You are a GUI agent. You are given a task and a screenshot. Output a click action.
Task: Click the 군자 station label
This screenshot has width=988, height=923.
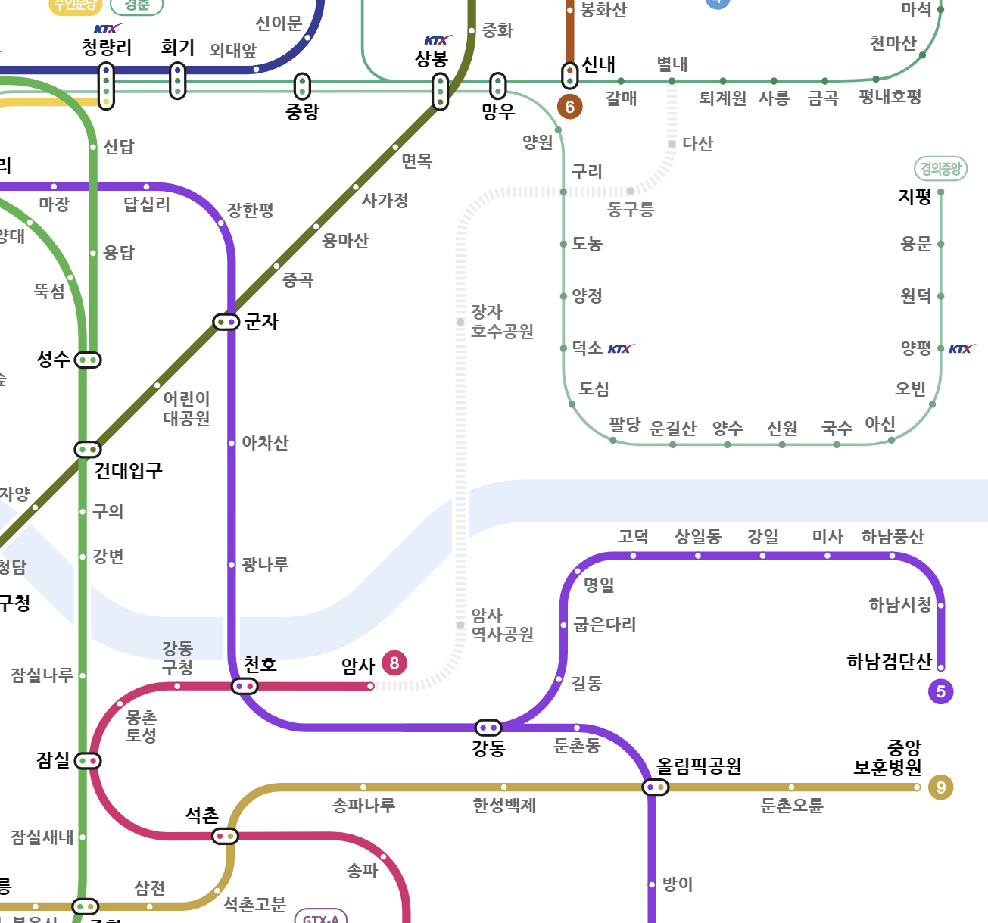coord(261,322)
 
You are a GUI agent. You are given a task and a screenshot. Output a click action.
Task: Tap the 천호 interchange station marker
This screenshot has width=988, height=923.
coord(245,686)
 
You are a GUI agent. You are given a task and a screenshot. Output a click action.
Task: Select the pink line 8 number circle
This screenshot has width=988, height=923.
coord(394,663)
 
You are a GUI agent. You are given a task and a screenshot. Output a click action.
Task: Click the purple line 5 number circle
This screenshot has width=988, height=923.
coord(940,691)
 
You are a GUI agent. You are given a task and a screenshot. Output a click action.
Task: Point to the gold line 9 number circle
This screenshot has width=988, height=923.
coord(940,787)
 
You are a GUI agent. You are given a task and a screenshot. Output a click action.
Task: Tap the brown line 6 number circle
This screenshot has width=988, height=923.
coord(569,107)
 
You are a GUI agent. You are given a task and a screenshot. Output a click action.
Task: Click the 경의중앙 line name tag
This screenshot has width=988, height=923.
coord(940,168)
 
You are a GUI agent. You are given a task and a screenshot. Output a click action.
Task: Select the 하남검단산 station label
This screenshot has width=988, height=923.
coord(889,662)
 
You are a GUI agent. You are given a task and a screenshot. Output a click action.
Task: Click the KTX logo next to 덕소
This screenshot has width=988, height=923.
coord(621,349)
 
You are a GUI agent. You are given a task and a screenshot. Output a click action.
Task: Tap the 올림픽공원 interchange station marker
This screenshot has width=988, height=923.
coord(655,787)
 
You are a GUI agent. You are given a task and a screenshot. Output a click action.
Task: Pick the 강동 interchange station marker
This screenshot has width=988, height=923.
coord(488,728)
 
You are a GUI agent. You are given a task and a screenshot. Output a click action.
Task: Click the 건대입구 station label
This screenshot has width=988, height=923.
coord(128,471)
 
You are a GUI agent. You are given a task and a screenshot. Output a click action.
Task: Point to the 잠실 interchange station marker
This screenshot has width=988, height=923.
coord(88,760)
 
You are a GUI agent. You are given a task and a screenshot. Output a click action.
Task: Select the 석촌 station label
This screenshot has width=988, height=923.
coord(202,815)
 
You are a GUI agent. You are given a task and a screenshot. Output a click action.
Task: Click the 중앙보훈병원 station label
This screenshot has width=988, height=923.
coord(888,758)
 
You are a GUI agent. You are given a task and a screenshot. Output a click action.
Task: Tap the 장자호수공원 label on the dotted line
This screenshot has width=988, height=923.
coord(502,322)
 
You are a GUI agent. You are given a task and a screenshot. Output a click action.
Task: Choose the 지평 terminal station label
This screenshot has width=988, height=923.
coord(914,197)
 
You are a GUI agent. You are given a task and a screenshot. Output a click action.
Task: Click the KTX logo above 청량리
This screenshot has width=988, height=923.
coord(107,29)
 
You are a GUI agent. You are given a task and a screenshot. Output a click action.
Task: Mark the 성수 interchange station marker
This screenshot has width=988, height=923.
coord(88,360)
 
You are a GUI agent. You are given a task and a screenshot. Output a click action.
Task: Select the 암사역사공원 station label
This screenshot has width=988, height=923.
coord(502,625)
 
